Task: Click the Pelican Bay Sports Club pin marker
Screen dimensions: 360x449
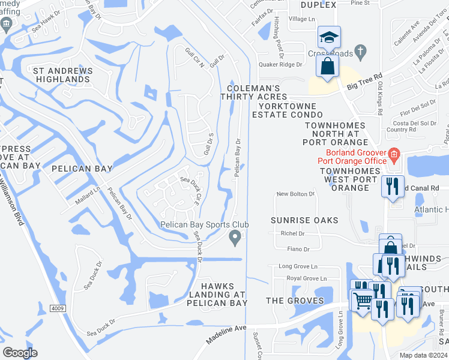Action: tap(237, 239)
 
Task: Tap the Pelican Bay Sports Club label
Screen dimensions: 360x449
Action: tap(204, 225)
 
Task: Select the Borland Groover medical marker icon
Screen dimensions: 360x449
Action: tap(394, 155)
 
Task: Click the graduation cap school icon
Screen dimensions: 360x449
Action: tap(329, 37)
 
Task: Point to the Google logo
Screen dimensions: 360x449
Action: tap(20, 353)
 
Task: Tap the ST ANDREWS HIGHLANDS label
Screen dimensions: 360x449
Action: tap(62, 75)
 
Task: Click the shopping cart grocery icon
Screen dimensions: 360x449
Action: tap(362, 301)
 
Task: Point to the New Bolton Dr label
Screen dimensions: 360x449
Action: tap(295, 194)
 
